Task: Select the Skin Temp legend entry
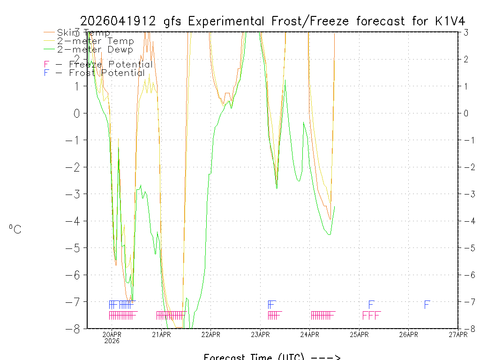(x=83, y=33)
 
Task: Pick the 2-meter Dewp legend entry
(x=95, y=50)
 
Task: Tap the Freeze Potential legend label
(x=111, y=65)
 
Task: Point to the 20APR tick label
(x=112, y=334)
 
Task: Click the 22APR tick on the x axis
(x=211, y=334)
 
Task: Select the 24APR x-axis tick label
(x=310, y=334)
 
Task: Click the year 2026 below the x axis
(x=112, y=341)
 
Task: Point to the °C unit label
(x=15, y=230)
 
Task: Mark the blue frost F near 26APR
(x=427, y=305)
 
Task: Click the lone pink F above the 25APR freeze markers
(x=371, y=305)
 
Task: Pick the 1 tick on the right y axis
(x=466, y=86)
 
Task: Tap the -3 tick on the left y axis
(x=75, y=194)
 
